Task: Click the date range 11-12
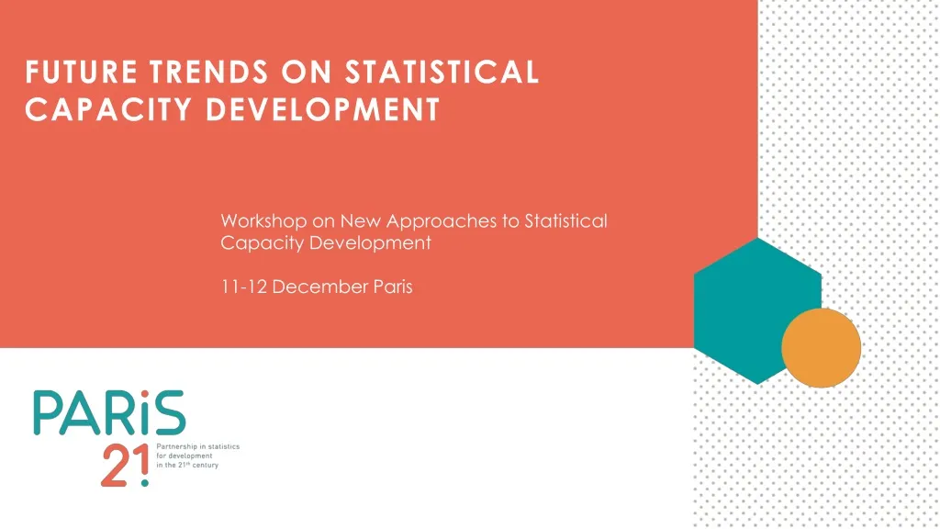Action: (244, 287)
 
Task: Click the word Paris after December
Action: (394, 287)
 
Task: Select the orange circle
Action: (821, 348)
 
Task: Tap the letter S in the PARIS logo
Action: (169, 414)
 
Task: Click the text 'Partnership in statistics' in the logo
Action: (200, 446)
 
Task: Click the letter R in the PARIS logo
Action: (119, 414)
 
